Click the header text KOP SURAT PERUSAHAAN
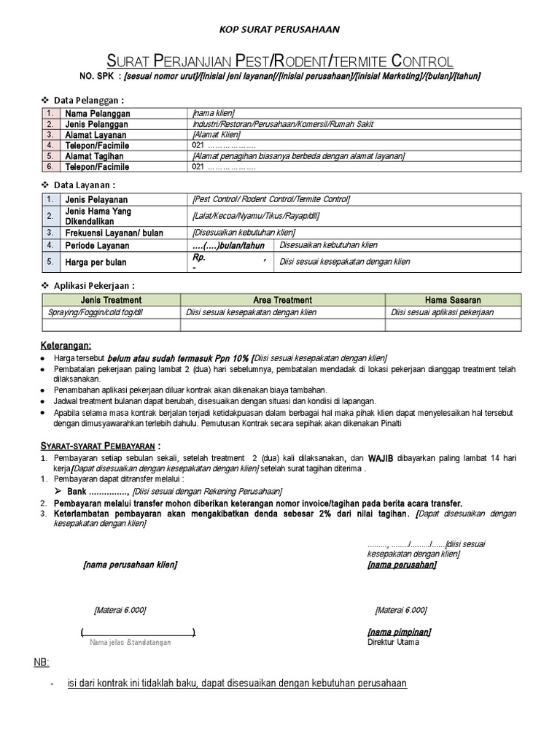click(280, 29)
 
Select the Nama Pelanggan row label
click(98, 115)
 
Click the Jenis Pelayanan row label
click(96, 199)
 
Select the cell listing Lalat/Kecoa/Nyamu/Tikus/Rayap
click(256, 216)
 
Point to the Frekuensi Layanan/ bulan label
click(114, 233)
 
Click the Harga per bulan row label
click(96, 262)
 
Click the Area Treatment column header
click(282, 300)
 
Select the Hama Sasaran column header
click(453, 300)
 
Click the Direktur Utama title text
click(394, 642)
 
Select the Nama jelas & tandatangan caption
click(130, 642)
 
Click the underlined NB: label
click(41, 662)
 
